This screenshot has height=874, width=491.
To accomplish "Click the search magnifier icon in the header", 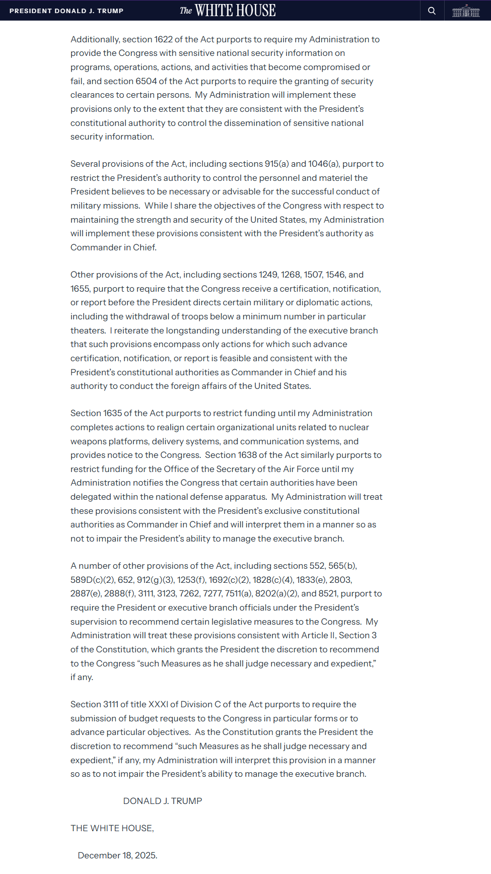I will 432,11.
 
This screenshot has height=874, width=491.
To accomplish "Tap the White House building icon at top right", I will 466,11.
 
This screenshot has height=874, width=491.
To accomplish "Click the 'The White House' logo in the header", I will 228,11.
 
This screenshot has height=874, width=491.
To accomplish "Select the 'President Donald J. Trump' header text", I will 66,11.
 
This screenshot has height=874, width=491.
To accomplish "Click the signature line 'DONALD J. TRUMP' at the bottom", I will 162,801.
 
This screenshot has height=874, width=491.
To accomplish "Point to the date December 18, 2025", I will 117,855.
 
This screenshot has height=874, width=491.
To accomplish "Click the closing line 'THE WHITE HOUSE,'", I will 112,828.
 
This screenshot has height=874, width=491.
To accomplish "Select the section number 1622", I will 163,39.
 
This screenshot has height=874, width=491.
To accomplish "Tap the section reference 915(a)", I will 276,164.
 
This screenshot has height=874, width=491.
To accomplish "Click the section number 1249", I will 268,275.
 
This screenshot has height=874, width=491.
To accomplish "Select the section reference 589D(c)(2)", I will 92,580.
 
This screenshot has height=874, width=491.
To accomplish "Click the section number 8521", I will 328,593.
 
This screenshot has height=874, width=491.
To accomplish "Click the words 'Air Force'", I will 301,469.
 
